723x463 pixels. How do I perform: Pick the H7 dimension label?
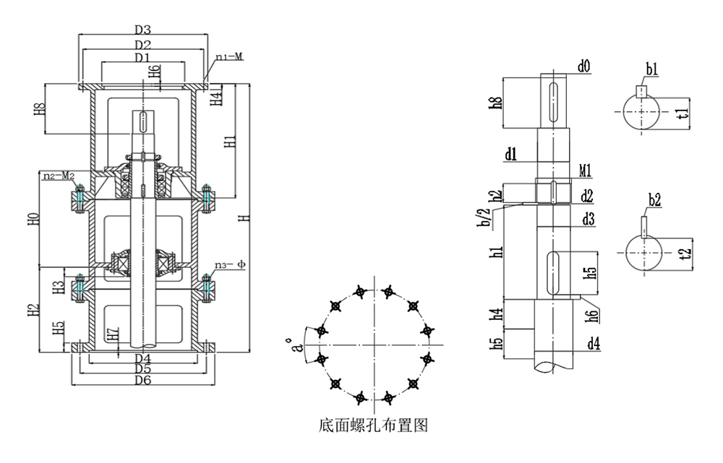click(112, 334)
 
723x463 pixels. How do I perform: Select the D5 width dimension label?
click(142, 369)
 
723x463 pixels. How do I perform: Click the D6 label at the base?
click(142, 381)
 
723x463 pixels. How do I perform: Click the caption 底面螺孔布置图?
click(373, 425)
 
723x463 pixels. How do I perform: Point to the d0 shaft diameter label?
click(583, 67)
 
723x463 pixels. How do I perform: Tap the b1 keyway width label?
click(651, 69)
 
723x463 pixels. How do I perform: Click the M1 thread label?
click(586, 171)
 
